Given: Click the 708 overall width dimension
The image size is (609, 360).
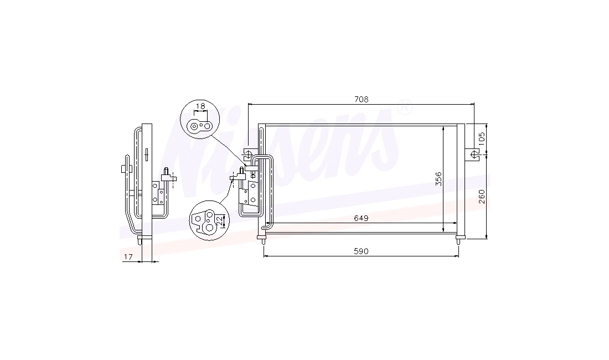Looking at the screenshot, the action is [361, 100].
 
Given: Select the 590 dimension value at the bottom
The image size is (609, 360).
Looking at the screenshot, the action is [361, 251].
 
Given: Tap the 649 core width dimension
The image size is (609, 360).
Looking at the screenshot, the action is [361, 218].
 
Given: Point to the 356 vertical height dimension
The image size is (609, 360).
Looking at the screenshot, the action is [438, 179].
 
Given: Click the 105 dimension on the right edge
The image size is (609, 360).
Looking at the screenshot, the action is [482, 139].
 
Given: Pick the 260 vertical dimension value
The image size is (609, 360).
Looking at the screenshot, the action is [482, 197].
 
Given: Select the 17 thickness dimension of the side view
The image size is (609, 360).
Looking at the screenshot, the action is [128, 256].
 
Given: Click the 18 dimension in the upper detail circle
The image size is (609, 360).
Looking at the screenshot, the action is [200, 106].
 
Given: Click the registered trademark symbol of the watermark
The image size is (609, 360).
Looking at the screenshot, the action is [404, 107].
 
